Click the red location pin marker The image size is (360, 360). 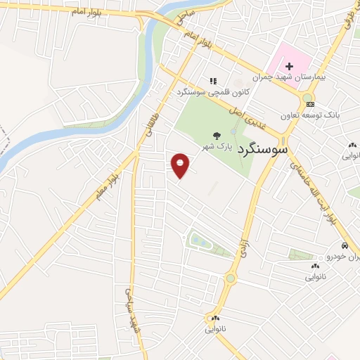point(181,164)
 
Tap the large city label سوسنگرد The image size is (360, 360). point(264,149)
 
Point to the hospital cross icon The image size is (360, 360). point(289,66)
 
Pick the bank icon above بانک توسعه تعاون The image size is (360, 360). point(310,104)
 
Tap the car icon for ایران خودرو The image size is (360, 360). point(344,246)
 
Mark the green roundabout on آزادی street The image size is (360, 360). point(230,278)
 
